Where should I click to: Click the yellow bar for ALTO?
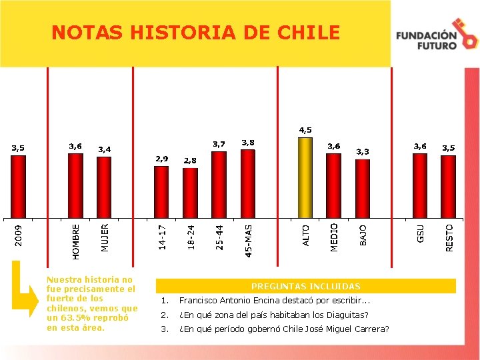pyautogui.click(x=305, y=178)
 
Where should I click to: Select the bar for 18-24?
pyautogui.click(x=190, y=193)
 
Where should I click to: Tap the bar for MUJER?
pyautogui.click(x=104, y=187)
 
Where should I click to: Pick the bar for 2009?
pyautogui.click(x=19, y=187)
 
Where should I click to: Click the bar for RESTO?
pyautogui.click(x=449, y=187)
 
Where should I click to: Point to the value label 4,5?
pyautogui.click(x=305, y=130)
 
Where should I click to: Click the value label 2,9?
pyautogui.click(x=161, y=159)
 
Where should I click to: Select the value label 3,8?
pyautogui.click(x=248, y=143)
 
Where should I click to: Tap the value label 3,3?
pyautogui.click(x=363, y=152)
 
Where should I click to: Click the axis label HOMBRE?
pyautogui.click(x=75, y=242)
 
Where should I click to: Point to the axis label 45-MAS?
pyautogui.click(x=248, y=241)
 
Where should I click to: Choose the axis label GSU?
pyautogui.click(x=420, y=233)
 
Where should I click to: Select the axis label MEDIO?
pyautogui.click(x=334, y=237)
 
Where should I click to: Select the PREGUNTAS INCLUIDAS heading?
pyautogui.click(x=306, y=286)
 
